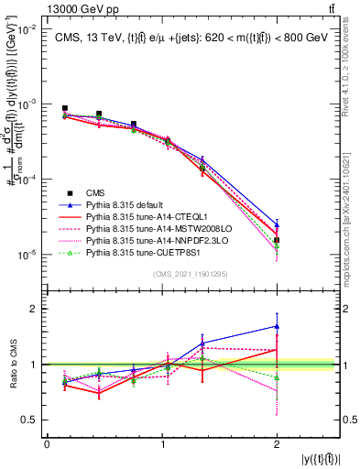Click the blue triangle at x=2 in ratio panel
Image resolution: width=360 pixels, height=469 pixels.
click(x=277, y=326)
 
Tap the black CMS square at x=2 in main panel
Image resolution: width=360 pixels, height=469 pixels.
click(x=277, y=240)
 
